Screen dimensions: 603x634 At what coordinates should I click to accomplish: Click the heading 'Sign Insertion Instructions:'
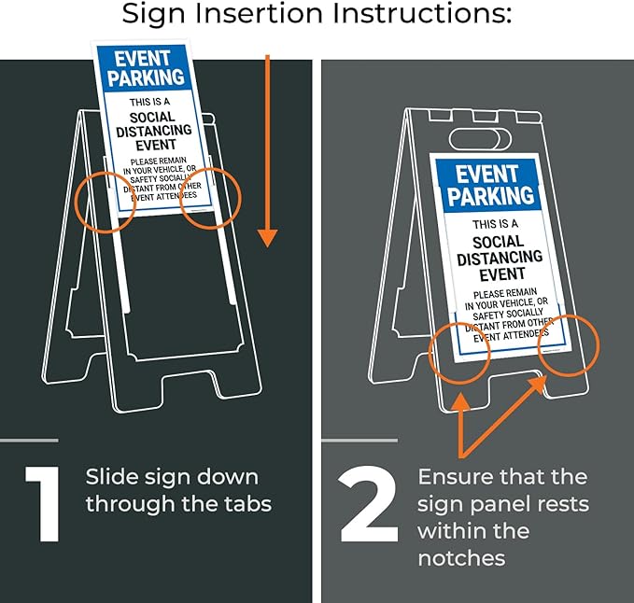point(317,16)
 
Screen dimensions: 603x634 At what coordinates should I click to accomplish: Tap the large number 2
point(368,505)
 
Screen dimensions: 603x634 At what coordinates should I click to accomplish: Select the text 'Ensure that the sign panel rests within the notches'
point(502,517)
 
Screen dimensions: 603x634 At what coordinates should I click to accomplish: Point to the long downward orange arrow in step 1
point(268,149)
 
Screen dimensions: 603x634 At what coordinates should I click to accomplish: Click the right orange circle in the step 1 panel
point(210,198)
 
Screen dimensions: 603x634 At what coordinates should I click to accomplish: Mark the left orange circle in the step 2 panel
point(459,351)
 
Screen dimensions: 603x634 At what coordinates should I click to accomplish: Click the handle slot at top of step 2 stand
point(480,139)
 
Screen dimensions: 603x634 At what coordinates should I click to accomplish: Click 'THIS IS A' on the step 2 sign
point(495,224)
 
